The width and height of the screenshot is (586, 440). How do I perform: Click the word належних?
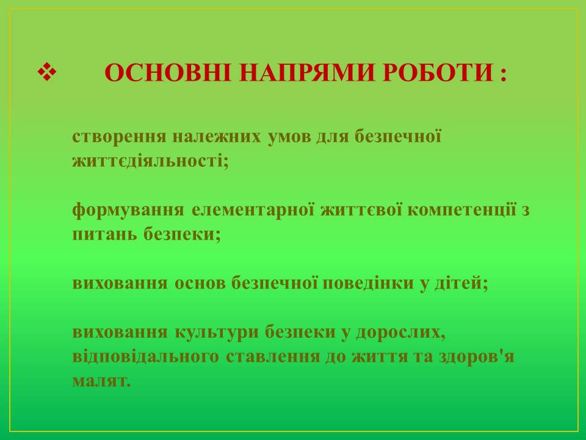[217, 136]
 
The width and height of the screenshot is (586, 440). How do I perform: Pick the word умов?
[289, 136]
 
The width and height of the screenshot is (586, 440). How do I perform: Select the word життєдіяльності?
[150, 161]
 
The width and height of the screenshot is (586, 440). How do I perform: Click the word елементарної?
[253, 210]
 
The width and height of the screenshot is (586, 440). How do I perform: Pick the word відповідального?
[146, 357]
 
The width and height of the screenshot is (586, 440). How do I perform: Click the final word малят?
[102, 381]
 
